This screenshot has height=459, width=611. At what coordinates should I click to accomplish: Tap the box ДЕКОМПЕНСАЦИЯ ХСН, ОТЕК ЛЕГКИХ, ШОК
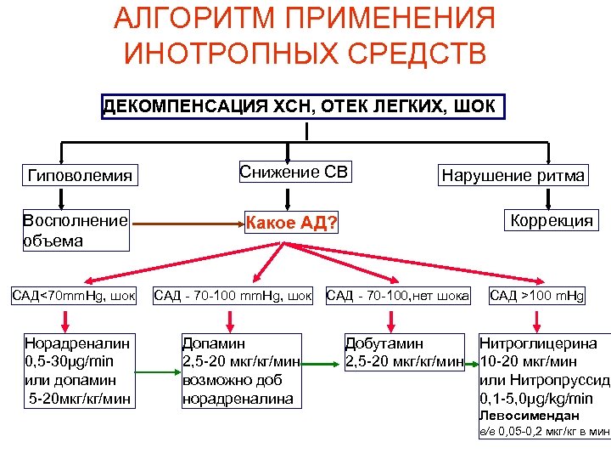[x=303, y=107]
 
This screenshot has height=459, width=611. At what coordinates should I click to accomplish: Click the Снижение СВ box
[x=294, y=173]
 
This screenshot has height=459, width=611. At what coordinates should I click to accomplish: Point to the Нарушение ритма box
[x=512, y=175]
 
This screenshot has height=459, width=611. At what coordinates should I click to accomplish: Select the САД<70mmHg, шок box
[x=73, y=297]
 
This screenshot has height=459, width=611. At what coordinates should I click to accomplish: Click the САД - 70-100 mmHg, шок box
[x=232, y=297]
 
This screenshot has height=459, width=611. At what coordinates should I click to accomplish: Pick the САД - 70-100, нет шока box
[x=398, y=297]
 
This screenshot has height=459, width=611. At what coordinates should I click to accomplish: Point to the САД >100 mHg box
[x=535, y=297]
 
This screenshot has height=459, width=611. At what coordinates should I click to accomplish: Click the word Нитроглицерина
[x=538, y=344]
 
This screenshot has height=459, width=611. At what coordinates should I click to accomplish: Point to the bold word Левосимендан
[x=529, y=416]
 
